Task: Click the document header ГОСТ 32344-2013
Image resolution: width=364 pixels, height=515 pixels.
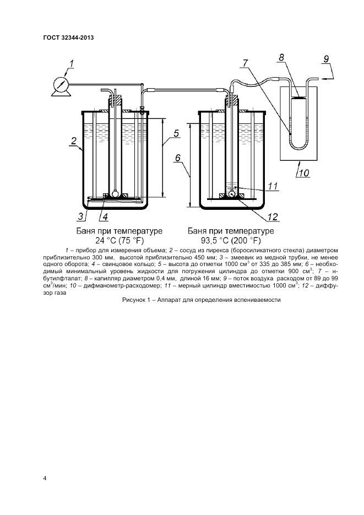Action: click(x=68, y=37)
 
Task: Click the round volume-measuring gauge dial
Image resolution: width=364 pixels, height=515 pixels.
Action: click(x=61, y=85)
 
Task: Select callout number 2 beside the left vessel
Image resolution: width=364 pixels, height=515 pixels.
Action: click(x=74, y=141)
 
